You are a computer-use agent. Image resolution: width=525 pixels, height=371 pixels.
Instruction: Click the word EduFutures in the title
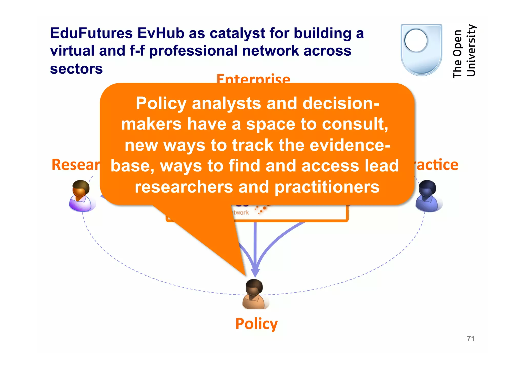click(91, 33)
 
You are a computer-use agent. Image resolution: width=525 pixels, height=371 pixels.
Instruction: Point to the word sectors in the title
click(76, 69)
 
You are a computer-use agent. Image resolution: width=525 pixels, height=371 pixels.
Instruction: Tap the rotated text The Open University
click(464, 51)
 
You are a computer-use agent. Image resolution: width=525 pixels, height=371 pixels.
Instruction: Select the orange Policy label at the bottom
click(256, 324)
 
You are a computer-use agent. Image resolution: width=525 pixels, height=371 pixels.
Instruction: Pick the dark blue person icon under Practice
click(428, 196)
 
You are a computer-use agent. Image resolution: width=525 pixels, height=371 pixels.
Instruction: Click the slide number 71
click(471, 339)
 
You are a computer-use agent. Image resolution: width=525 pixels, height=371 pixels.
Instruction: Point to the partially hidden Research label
click(75, 165)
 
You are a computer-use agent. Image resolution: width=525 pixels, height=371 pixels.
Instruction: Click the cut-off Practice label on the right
click(437, 165)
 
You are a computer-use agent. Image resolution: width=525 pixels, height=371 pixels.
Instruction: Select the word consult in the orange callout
click(355, 124)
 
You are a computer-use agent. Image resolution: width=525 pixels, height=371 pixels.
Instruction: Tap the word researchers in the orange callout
click(184, 187)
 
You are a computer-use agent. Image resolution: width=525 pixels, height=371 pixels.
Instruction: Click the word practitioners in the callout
click(327, 187)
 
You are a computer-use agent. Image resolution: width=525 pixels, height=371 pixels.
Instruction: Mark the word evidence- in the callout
click(350, 145)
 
